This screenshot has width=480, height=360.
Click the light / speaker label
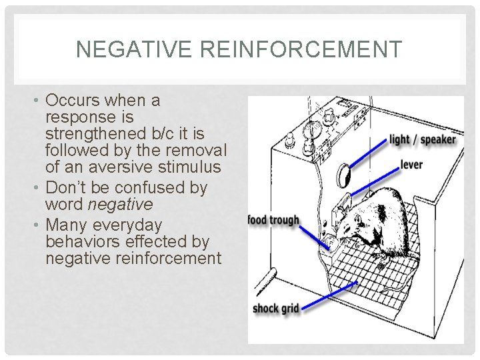[423, 140]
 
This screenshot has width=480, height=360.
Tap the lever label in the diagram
[411, 165]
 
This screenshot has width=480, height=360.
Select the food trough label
[274, 220]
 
